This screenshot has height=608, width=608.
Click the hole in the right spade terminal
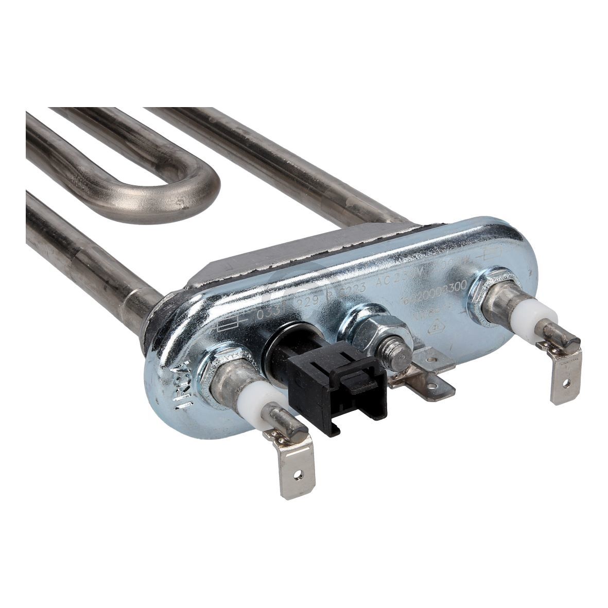(566, 384)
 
